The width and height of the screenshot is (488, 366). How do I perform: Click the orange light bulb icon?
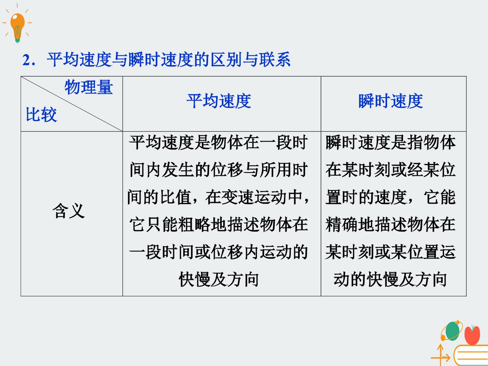tap(17, 27)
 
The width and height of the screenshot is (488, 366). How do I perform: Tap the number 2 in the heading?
tap(27, 60)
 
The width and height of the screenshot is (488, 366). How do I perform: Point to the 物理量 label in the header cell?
tap(89, 87)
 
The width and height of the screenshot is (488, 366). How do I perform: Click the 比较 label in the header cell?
tap(42, 115)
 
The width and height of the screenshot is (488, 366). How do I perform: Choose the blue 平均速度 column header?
tap(219, 101)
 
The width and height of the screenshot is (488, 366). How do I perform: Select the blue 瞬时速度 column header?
tap(391, 101)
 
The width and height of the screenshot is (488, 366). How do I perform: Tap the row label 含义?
tap(69, 211)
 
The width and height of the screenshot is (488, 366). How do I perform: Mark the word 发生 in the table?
tap(178, 170)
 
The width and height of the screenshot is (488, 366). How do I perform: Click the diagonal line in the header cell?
tap(72, 104)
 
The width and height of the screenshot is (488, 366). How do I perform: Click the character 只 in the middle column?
tap(154, 224)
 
